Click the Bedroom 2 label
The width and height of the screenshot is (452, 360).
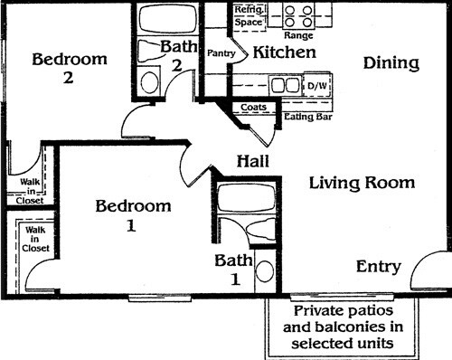point(69,69)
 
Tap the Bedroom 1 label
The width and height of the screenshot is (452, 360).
point(133,215)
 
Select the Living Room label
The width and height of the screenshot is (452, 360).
point(362,183)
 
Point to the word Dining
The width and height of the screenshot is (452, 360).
point(391,63)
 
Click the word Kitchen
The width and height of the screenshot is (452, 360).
point(284,52)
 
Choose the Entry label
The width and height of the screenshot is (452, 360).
point(378,266)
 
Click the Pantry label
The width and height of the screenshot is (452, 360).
point(221,53)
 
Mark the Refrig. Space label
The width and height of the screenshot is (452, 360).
point(249,14)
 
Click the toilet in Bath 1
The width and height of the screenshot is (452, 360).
point(265,270)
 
